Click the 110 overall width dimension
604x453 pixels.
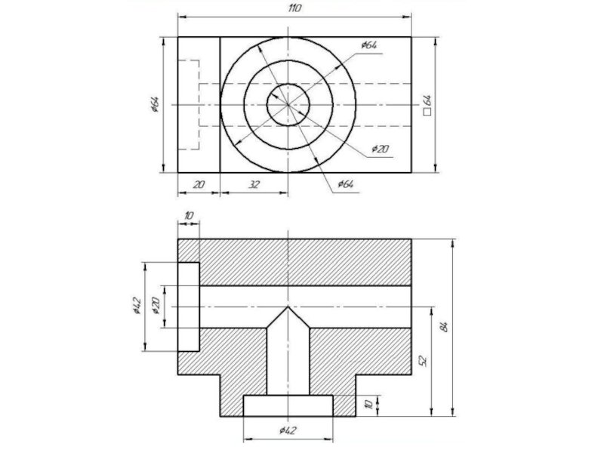(294, 8)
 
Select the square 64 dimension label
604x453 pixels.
(427, 105)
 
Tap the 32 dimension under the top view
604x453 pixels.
(254, 184)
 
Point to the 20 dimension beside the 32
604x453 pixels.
(199, 184)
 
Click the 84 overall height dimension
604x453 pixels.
(444, 327)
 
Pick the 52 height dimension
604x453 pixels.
(423, 361)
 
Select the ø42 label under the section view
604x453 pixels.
(288, 430)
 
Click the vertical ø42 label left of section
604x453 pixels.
(137, 306)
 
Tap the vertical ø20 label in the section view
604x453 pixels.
(156, 306)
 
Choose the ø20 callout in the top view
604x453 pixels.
(381, 149)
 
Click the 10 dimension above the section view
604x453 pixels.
(188, 216)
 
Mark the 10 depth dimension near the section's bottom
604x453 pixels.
(368, 404)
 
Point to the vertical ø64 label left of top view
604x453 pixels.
(155, 104)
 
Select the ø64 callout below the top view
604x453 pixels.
(346, 183)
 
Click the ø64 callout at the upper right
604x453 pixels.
(369, 45)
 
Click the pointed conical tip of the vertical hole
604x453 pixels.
(288, 307)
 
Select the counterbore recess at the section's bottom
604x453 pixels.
(288, 405)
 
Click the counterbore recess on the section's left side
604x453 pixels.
(188, 307)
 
